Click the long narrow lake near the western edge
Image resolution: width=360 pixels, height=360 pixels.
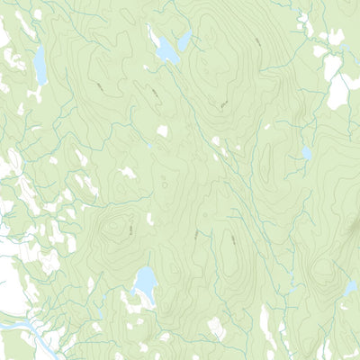pos(40,65)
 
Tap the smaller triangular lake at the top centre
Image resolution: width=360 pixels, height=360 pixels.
pos(184,41)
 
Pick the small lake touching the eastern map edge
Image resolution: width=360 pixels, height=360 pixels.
pos(351,287)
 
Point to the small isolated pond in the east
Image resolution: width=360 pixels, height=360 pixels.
pos(307,154)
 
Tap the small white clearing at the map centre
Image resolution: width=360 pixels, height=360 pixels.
pos(163,131)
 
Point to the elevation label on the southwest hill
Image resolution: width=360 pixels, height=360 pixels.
pos(132,232)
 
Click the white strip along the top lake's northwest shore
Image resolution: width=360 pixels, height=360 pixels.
pos(154,39)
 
